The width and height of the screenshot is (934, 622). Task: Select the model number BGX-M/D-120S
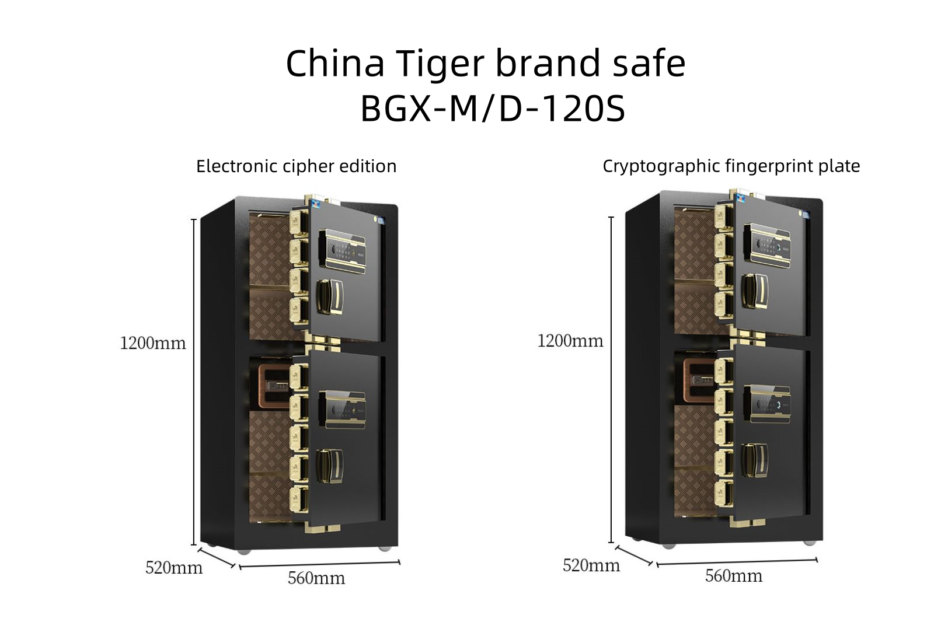pos(493,109)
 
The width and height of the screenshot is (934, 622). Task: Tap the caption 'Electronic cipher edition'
pos(296,166)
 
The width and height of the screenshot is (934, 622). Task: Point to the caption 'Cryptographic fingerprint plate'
pos(731,166)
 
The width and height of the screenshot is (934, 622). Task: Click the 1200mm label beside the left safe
pos(152,343)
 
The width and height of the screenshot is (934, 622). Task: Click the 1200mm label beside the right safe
pos(570,341)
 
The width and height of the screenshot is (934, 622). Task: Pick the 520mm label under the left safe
pos(174,567)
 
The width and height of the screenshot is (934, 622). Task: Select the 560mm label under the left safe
pos(316,578)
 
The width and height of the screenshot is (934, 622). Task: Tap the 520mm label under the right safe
pos(591,565)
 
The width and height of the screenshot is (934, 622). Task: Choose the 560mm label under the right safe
pos(734,576)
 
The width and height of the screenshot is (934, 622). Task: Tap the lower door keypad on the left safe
pos(343,410)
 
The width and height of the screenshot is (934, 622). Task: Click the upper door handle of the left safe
pos(330,297)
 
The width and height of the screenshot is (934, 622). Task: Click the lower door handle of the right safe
pos(754,459)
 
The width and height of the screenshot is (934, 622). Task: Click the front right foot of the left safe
pos(385,548)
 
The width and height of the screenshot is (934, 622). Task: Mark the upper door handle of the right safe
pos(755,290)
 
